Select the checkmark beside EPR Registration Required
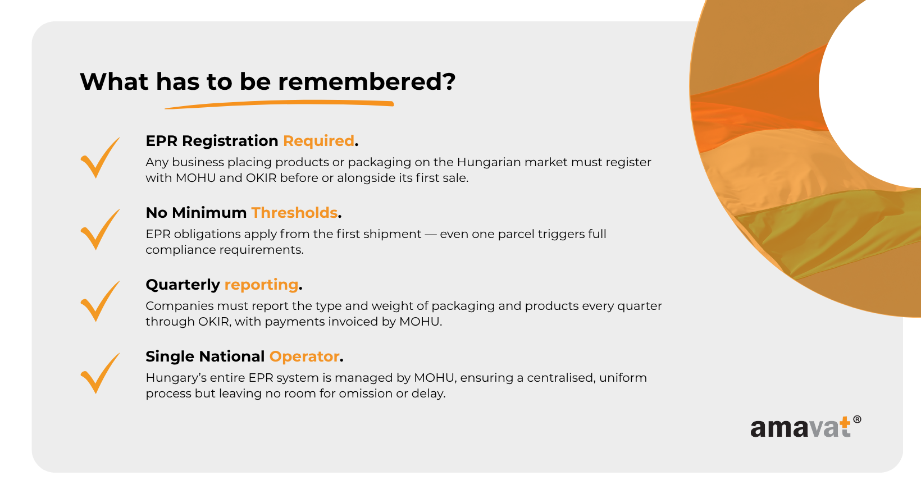point(100,157)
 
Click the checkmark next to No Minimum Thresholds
point(100,230)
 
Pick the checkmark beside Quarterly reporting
point(100,301)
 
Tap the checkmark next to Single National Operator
point(100,373)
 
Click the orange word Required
point(318,141)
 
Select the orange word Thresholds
point(294,213)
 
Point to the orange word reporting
point(262,285)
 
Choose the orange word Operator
point(304,356)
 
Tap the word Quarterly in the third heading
point(183,285)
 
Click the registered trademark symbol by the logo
point(857,419)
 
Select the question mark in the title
point(449,81)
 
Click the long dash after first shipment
point(431,234)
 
